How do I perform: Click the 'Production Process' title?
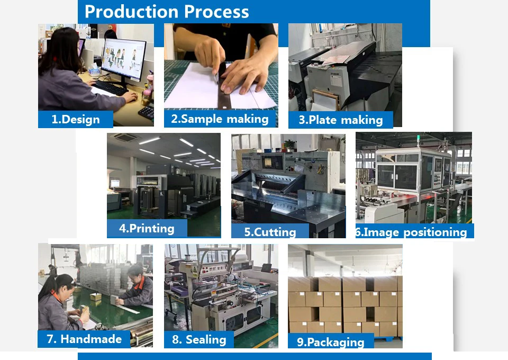[167, 12]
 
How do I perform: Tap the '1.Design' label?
[75, 120]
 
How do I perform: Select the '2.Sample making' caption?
[220, 119]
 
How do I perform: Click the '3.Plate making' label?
[340, 120]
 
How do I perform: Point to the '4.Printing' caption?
[147, 229]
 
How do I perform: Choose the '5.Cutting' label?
[270, 232]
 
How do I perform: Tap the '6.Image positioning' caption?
[411, 232]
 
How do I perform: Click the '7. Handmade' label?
[84, 339]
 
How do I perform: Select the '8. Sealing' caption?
[199, 339]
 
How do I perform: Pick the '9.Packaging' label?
[330, 342]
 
